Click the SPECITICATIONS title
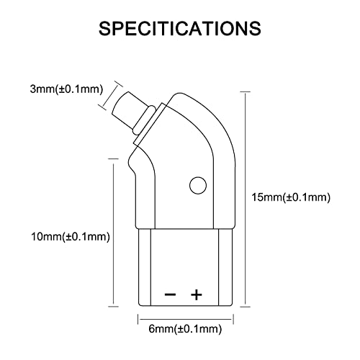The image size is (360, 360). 180,29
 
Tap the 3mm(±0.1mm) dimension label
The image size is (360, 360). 66,89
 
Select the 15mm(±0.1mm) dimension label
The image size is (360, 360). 291,197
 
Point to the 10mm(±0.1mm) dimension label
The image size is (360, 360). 71,237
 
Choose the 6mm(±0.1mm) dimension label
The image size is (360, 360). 185,328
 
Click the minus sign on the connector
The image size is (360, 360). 170,294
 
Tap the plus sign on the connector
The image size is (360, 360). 197,294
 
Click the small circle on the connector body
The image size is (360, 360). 198,185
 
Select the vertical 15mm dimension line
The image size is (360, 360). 245,199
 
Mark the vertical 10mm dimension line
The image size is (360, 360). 113,233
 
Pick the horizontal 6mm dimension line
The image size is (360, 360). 186,319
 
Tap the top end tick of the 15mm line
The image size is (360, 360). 245,91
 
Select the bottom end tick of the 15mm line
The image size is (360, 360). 245,307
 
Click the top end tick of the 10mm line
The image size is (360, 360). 113,158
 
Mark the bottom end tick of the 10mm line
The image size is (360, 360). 113,306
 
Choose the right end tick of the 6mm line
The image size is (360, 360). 233,319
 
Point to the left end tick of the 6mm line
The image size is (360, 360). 138,319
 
